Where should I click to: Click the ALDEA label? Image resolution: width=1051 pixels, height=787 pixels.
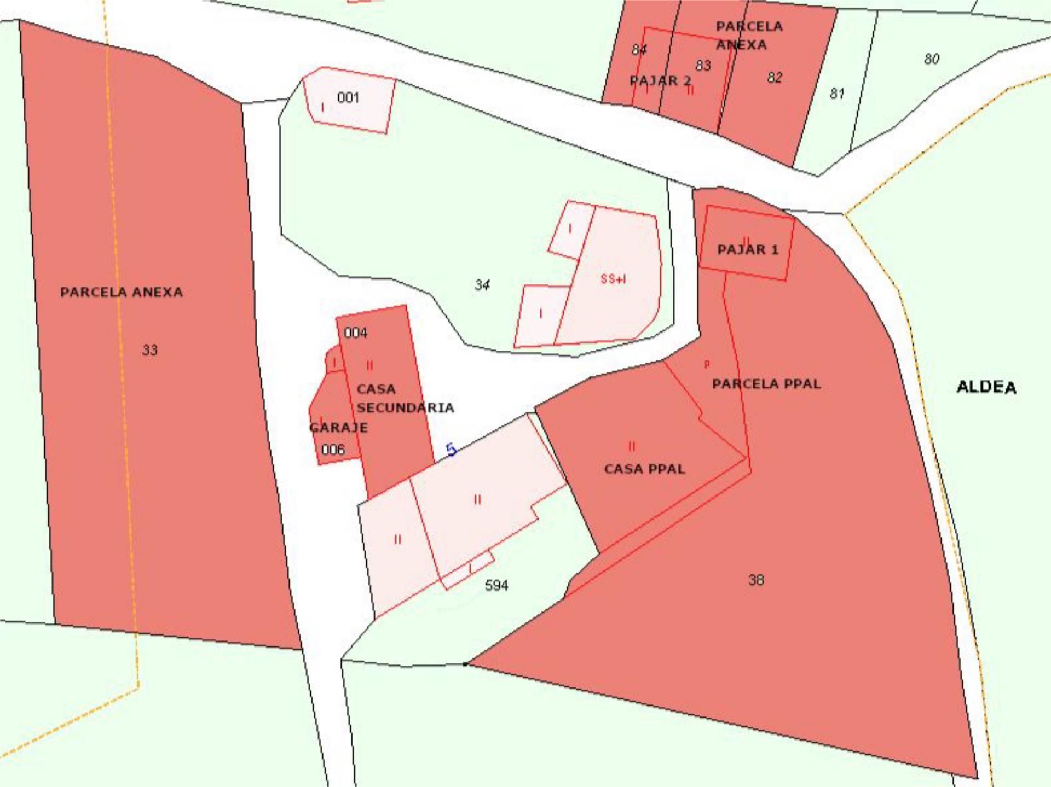[x=986, y=387]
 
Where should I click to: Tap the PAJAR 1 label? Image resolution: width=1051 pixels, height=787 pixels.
[x=747, y=250]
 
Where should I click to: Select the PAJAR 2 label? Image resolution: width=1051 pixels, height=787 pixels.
[x=660, y=81]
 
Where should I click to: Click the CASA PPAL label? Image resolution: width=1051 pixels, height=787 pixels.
[x=644, y=469]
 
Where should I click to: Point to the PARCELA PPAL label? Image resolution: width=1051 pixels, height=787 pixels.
[x=766, y=384]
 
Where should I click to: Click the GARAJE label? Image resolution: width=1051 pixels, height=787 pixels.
[x=338, y=427]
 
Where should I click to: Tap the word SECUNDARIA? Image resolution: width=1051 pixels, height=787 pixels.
[x=405, y=407]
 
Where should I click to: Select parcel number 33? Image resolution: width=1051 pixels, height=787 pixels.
[x=149, y=349]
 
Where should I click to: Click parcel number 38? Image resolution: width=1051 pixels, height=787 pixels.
[x=755, y=580]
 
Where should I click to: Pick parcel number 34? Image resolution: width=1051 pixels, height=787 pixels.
[x=482, y=284]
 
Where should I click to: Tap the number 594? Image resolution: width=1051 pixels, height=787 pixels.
[x=496, y=585]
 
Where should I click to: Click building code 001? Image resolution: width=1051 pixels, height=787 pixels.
[x=348, y=97]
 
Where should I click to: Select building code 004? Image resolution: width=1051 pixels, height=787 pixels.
[x=355, y=333]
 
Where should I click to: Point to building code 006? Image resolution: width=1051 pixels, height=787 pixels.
[x=333, y=450]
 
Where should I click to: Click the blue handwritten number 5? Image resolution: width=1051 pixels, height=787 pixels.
[x=452, y=450]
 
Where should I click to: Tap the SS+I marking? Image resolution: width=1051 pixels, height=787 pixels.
[x=613, y=279]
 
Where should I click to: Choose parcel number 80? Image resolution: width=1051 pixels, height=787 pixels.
[x=931, y=59]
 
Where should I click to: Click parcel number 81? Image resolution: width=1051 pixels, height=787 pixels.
[x=836, y=94]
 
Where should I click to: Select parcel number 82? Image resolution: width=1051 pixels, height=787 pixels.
[x=774, y=78]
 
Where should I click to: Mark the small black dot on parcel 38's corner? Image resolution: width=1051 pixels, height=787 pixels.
[x=465, y=664]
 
